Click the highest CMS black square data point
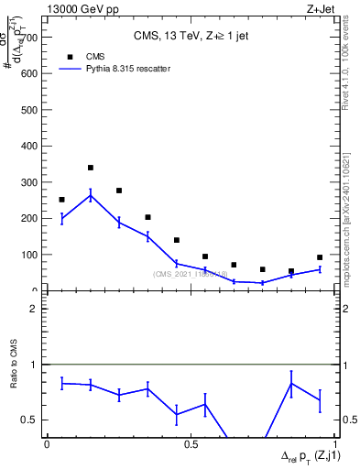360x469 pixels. (x=91, y=168)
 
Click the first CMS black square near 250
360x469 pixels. (x=61, y=200)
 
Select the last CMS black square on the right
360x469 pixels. (x=320, y=257)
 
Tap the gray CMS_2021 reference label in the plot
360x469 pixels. (x=191, y=274)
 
